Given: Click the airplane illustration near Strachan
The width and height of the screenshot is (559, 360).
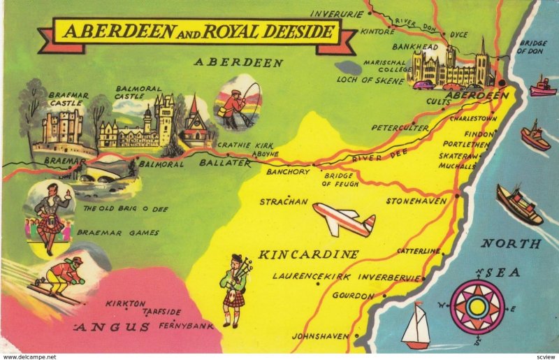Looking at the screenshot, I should [344, 219].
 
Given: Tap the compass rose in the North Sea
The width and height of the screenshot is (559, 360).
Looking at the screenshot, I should [477, 305].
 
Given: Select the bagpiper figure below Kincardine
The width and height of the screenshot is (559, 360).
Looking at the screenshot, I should [236, 291].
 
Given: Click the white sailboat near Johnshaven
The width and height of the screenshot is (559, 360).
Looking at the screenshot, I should [416, 326].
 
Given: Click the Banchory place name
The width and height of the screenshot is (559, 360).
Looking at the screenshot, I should [287, 171].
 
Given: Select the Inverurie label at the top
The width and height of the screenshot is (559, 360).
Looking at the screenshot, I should [337, 13].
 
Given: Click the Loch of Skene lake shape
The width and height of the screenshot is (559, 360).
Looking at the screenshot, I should [348, 69].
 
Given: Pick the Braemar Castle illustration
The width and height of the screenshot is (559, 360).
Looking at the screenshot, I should [61, 130].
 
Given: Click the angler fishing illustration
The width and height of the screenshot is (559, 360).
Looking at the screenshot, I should [238, 103].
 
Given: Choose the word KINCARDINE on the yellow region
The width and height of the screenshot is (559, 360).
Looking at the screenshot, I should [309, 254].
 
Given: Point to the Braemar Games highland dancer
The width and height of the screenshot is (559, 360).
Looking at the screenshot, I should [50, 213].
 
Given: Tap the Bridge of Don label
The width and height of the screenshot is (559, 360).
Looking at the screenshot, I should [532, 47].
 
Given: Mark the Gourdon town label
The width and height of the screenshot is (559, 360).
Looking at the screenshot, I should [353, 296].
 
